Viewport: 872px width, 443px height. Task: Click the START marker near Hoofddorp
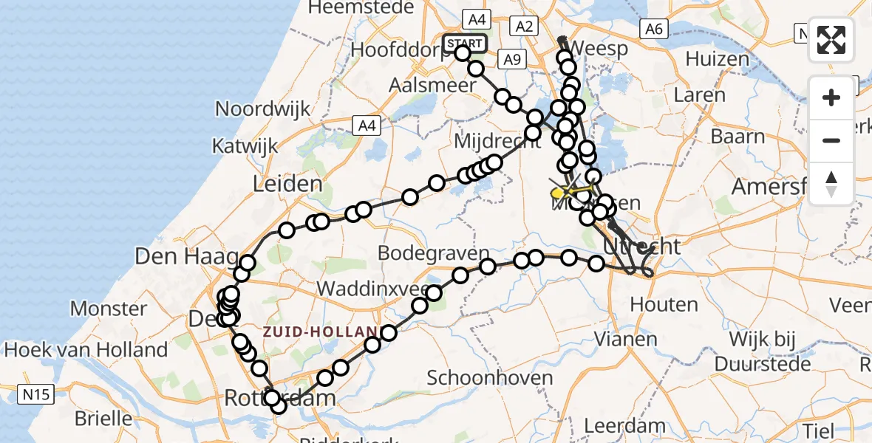pyautogui.click(x=465, y=43)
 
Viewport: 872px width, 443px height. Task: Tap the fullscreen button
pyautogui.click(x=831, y=40)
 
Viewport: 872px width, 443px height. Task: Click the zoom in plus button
pyautogui.click(x=831, y=97)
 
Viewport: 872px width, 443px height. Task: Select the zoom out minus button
pyautogui.click(x=831, y=140)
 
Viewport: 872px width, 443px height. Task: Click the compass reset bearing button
pyautogui.click(x=831, y=184)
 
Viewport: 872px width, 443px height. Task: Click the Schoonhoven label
pyautogui.click(x=490, y=379)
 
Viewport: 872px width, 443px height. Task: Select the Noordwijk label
pyautogui.click(x=262, y=109)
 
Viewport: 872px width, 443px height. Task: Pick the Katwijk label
pyautogui.click(x=245, y=145)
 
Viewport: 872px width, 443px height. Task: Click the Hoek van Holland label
pyautogui.click(x=84, y=349)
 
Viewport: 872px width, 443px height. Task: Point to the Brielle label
pyautogui.click(x=104, y=419)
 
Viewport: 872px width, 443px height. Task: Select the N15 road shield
pyautogui.click(x=35, y=395)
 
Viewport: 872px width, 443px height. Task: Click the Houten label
pyautogui.click(x=664, y=304)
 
